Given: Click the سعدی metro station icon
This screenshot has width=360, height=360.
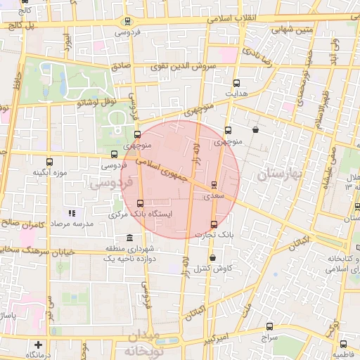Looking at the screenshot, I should pyautogui.click(x=214, y=185).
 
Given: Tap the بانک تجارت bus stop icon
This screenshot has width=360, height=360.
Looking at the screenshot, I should pyautogui.click(x=214, y=224).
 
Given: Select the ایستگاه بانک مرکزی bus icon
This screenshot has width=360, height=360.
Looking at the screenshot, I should pyautogui.click(x=140, y=203).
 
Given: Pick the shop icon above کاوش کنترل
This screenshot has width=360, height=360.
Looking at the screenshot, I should pyautogui.click(x=212, y=258).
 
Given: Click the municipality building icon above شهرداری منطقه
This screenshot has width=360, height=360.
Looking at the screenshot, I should pyautogui.click(x=129, y=238).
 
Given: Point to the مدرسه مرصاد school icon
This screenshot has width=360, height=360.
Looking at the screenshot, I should pyautogui.click(x=70, y=212).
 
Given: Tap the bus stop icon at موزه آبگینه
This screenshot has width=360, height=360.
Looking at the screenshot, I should pyautogui.click(x=49, y=162).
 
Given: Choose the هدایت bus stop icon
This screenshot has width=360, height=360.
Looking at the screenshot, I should pyautogui.click(x=236, y=82).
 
